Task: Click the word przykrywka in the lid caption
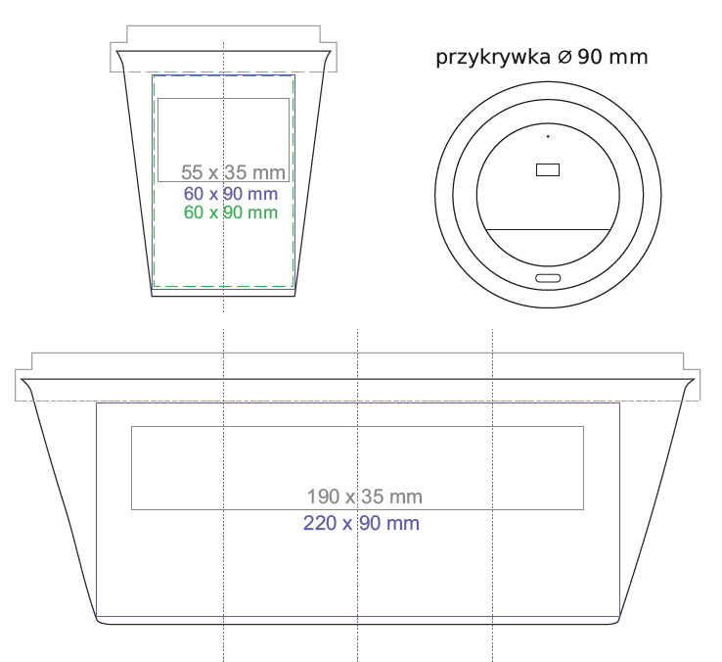coord(493,58)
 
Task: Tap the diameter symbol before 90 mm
coord(564,57)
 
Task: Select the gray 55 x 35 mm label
coord(233,172)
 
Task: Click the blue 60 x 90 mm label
coord(231,194)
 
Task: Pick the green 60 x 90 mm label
coord(231,213)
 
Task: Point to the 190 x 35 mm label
coord(365,496)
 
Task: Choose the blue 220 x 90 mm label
coord(361,523)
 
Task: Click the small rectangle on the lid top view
coord(548,169)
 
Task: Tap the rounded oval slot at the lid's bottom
coord(548,278)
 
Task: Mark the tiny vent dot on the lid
coord(548,136)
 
